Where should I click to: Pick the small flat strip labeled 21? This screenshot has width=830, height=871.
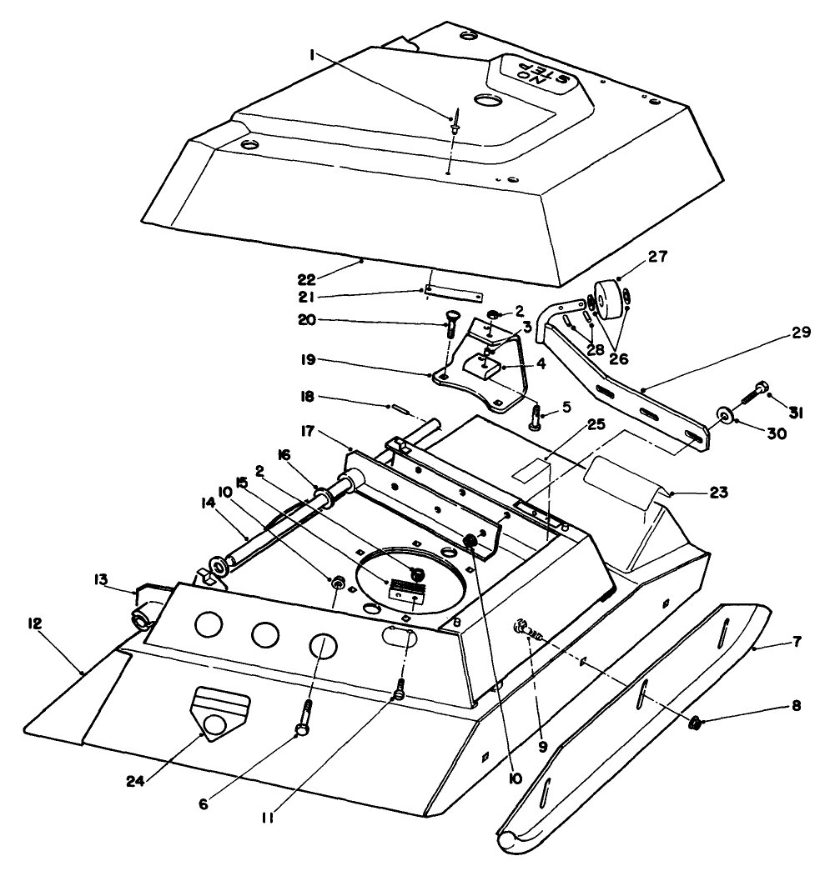click(x=454, y=294)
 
